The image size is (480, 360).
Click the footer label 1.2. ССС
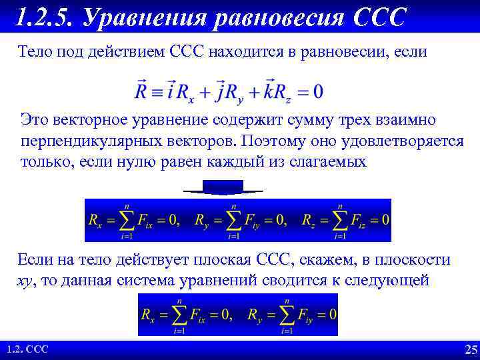(27, 350)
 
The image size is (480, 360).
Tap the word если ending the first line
(412, 51)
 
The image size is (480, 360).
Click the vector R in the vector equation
(142, 89)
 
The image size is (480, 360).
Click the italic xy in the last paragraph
(24, 280)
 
